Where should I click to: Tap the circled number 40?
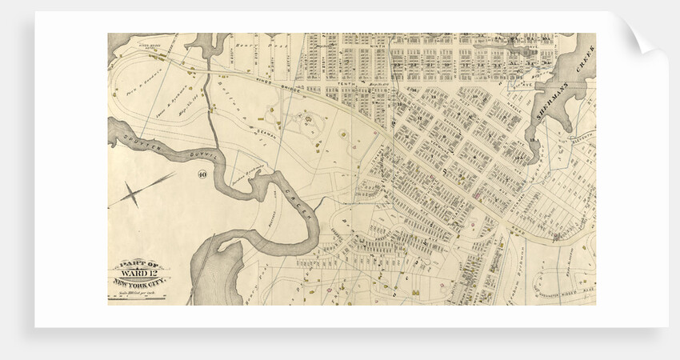point(202,174)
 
